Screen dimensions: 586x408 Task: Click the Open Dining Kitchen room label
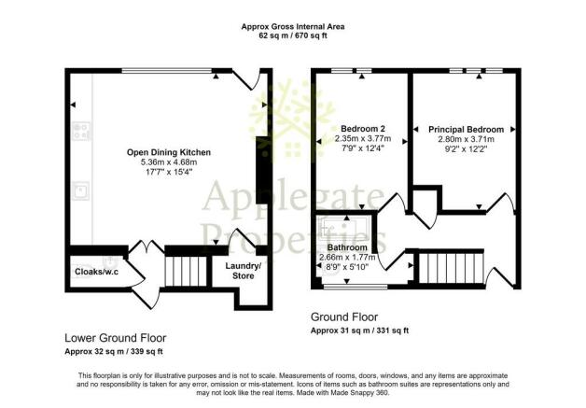coord(169,152)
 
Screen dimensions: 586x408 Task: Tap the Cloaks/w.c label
coord(97,272)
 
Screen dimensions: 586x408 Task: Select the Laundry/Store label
coord(244,271)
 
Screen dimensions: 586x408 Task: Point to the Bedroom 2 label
coord(363,129)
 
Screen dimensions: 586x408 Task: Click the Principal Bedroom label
coord(466,130)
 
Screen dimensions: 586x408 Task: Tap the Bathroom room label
coord(347,247)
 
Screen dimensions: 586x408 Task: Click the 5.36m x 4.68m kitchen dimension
coord(169,162)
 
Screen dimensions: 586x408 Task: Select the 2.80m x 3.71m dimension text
coord(466,139)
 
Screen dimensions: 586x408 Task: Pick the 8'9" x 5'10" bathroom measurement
coord(347,267)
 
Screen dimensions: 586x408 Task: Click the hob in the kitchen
coord(81,131)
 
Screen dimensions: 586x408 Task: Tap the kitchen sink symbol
coord(81,190)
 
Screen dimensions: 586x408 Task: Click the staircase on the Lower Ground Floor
coord(186,271)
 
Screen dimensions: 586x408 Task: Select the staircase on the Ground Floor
coord(451,269)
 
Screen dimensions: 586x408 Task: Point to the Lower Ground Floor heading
coord(116,338)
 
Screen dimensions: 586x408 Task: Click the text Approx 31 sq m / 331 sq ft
coord(359,331)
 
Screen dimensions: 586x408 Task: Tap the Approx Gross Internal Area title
coord(293,26)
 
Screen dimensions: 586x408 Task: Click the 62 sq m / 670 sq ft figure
coord(293,35)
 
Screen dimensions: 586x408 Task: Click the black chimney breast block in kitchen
coord(261,170)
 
